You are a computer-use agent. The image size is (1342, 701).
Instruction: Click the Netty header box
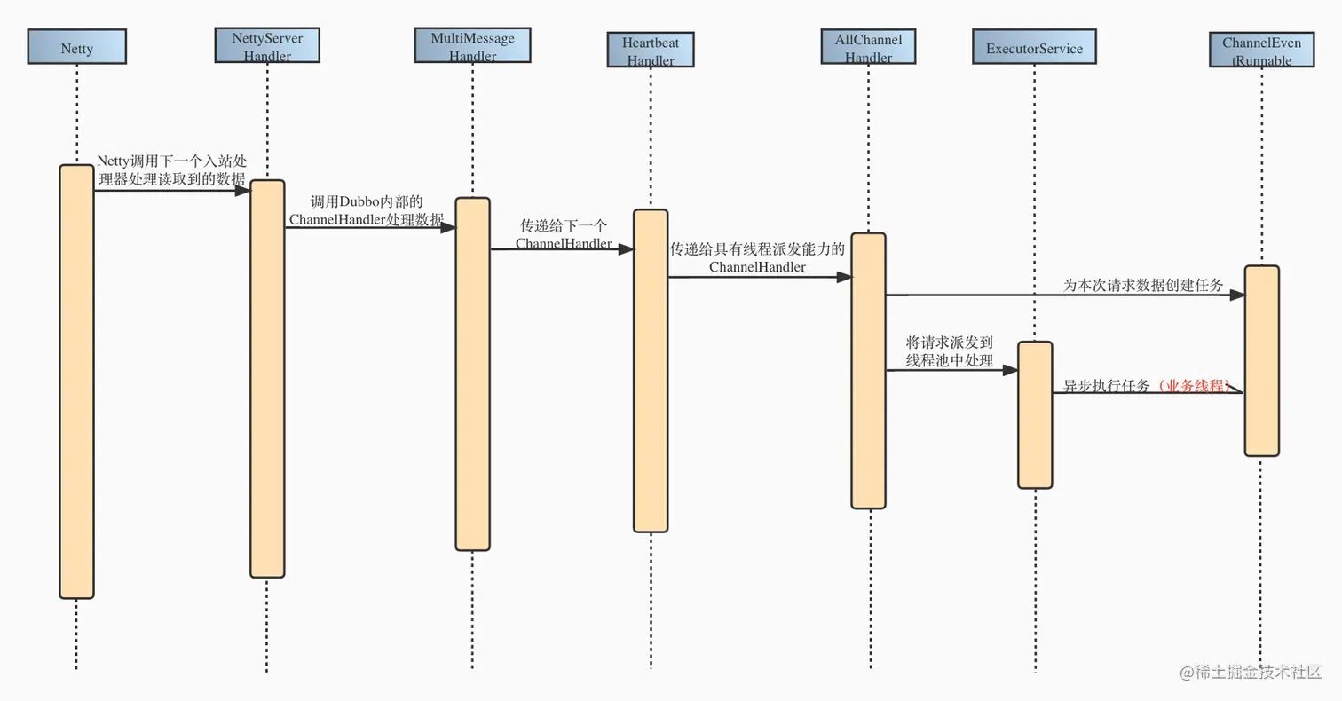click(x=76, y=48)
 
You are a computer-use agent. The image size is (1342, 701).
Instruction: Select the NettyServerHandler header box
click(x=267, y=44)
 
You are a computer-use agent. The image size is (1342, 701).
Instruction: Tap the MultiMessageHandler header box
click(x=472, y=44)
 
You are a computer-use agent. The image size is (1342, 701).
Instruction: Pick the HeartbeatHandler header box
click(x=651, y=50)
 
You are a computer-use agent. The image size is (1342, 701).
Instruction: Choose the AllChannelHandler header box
click(x=868, y=46)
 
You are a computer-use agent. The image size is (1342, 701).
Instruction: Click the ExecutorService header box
click(x=1034, y=48)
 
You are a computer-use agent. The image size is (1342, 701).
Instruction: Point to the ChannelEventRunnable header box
click(x=1261, y=50)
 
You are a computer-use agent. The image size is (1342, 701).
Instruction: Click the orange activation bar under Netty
click(x=76, y=382)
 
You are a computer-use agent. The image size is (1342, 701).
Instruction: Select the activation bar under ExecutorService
click(x=1035, y=414)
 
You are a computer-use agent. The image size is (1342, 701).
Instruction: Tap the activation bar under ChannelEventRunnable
click(x=1261, y=360)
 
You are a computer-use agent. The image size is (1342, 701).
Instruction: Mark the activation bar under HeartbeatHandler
click(x=651, y=370)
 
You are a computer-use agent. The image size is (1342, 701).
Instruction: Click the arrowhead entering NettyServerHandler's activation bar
click(x=242, y=190)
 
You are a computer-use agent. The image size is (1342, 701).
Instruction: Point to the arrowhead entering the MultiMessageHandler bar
click(x=448, y=227)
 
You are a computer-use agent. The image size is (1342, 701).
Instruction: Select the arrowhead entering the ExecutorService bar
click(x=1010, y=370)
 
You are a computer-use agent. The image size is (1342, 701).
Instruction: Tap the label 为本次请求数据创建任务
click(x=1143, y=286)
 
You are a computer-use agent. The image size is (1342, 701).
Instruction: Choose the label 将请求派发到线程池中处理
click(x=949, y=350)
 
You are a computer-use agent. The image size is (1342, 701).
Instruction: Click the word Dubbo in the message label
click(x=359, y=202)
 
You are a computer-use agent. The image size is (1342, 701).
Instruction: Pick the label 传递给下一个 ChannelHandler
click(x=564, y=234)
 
